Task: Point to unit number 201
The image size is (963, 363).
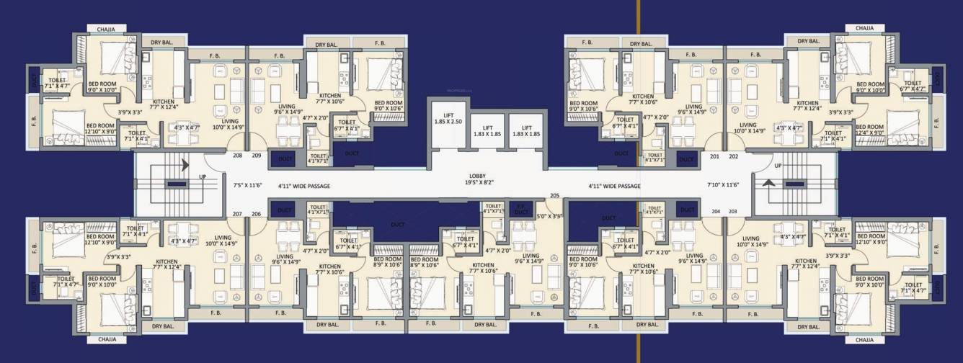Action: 715,156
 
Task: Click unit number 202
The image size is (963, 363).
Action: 733,156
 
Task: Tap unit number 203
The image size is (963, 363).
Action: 733,211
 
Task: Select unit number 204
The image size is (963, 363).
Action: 716,211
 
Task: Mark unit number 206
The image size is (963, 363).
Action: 256,214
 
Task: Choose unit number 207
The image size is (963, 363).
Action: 237,214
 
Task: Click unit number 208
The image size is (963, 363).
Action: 237,155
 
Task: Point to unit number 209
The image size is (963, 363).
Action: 256,155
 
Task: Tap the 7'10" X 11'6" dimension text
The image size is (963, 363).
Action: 723,185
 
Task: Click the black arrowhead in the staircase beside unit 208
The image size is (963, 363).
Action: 185,165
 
